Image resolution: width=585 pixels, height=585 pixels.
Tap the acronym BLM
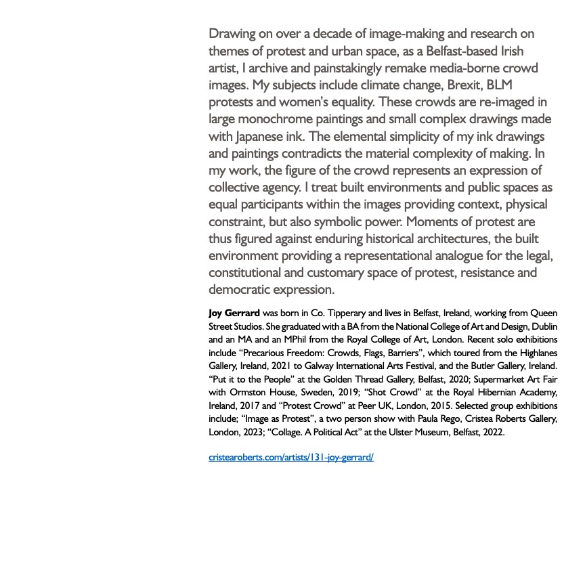click(500, 85)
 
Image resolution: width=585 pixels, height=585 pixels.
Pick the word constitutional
click(248, 273)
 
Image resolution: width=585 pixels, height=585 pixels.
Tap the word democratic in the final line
click(239, 290)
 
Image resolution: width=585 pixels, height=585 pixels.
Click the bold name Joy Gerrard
click(234, 313)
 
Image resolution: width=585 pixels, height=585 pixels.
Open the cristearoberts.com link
click(291, 458)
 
